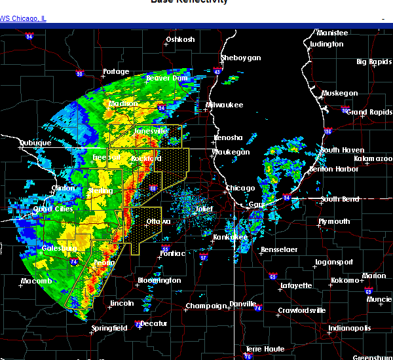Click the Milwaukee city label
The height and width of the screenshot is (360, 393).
pyautogui.click(x=226, y=105)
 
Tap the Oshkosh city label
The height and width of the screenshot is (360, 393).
pyautogui.click(x=180, y=39)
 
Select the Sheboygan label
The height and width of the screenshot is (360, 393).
pyautogui.click(x=240, y=58)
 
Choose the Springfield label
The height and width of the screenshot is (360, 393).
pyautogui.click(x=110, y=327)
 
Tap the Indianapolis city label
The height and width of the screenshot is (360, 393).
pyautogui.click(x=349, y=328)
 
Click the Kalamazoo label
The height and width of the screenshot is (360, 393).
pyautogui.click(x=373, y=158)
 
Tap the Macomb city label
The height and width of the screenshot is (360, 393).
pyautogui.click(x=35, y=281)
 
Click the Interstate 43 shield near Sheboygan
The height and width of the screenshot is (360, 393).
pyautogui.click(x=217, y=69)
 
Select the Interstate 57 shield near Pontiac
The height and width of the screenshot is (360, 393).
pyautogui.click(x=204, y=257)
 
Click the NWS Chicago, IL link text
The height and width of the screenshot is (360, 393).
pyautogui.click(x=23, y=18)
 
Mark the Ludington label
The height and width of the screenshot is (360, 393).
pyautogui.click(x=326, y=44)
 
